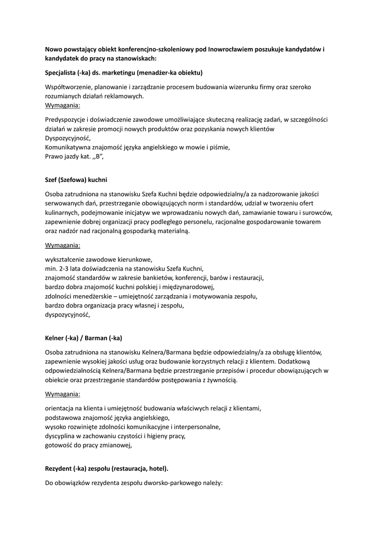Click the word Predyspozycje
pos(65,119)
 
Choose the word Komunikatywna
pos(69,147)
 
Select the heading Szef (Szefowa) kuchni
pos(76,179)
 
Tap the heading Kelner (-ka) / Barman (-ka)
pos(84,338)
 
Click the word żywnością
pos(222,380)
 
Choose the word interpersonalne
pos(195,426)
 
